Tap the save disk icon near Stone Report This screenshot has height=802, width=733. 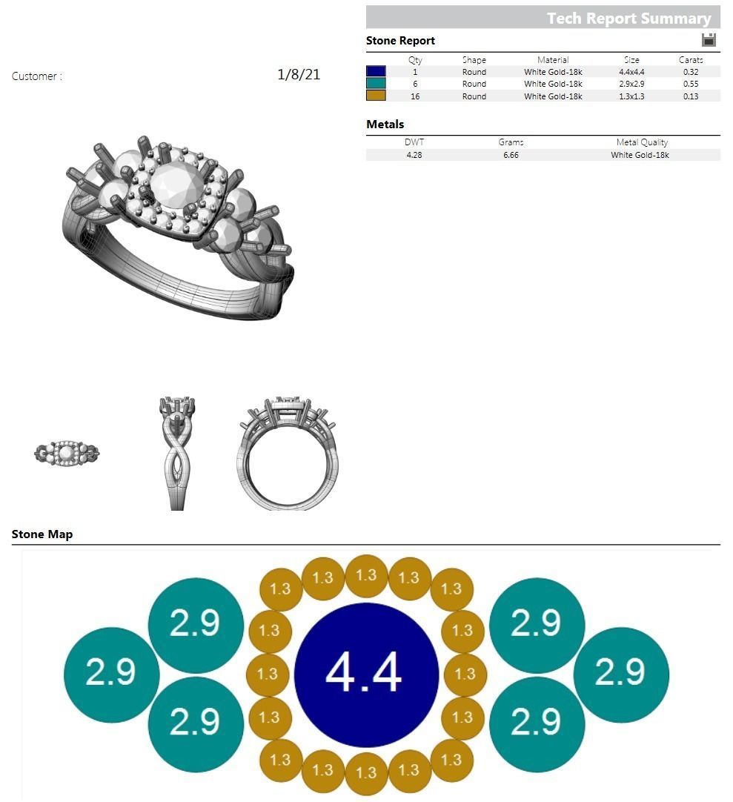click(x=709, y=40)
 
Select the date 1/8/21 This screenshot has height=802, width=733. click(x=299, y=74)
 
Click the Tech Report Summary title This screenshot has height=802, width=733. click(x=628, y=19)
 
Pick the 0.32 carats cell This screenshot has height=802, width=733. click(x=691, y=72)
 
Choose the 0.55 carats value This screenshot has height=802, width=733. click(x=691, y=84)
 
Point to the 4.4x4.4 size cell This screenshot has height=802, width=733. click(x=631, y=72)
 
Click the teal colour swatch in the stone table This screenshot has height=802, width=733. click(x=376, y=84)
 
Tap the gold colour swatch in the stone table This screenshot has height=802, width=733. click(x=376, y=96)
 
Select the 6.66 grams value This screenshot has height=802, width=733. click(x=511, y=155)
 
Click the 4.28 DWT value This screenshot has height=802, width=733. click(x=414, y=155)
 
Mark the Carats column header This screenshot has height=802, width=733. click(x=691, y=60)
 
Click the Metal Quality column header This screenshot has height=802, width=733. click(x=642, y=142)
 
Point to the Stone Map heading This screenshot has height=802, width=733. click(x=42, y=534)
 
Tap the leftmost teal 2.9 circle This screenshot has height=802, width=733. click(x=112, y=675)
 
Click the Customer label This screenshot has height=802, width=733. click(x=37, y=76)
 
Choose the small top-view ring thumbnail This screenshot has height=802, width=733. click(x=67, y=452)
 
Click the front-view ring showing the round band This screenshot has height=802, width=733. click(x=289, y=454)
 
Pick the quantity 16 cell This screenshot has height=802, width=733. click(x=415, y=96)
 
